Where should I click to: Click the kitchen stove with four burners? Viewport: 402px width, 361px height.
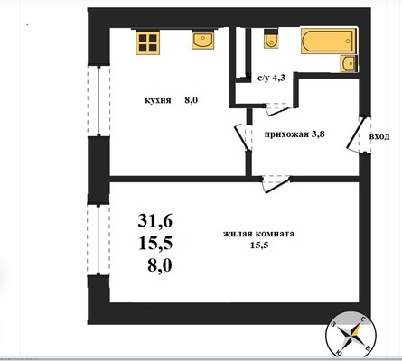147,42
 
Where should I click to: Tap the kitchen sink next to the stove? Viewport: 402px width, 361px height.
203,41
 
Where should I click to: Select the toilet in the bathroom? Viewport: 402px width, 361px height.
271,39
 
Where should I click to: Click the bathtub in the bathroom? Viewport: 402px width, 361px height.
328,42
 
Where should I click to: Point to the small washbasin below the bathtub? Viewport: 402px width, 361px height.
349,64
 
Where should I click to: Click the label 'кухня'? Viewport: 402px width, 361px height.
158,100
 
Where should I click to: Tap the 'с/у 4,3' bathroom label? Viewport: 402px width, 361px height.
271,79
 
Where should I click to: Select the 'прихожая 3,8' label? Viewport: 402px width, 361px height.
294,134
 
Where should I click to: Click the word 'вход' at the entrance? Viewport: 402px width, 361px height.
379,137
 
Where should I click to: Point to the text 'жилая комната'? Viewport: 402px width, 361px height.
258,234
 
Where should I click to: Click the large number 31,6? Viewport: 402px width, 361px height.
155,220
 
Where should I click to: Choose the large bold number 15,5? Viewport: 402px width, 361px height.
155,243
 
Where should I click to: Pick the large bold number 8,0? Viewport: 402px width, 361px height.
160,265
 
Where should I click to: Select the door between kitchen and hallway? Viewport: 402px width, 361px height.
243,137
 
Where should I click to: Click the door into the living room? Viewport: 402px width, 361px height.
276,183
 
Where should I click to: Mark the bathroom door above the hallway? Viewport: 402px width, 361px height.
279,109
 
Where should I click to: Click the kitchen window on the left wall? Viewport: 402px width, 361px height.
98,100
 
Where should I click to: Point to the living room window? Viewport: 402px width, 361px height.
98,239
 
